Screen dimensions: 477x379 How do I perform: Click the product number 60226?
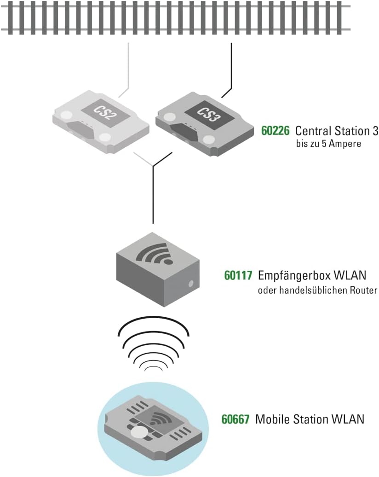[x=275, y=131]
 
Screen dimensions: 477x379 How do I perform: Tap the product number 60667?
[x=235, y=419]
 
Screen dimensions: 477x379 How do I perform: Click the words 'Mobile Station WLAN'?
[x=310, y=419]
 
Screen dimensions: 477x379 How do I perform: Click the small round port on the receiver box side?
[x=189, y=283]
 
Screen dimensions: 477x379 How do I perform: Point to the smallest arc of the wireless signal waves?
[x=154, y=369]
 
